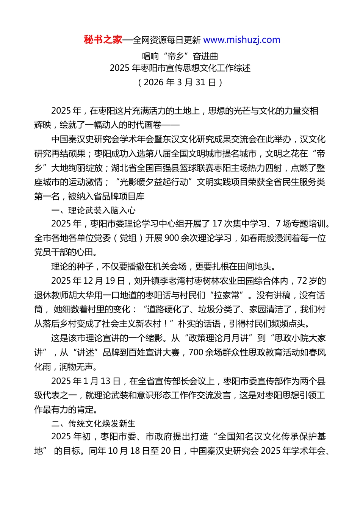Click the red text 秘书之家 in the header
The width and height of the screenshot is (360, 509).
[103, 40]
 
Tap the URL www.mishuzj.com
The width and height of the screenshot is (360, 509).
[242, 40]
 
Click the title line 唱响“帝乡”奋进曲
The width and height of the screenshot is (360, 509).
[180, 56]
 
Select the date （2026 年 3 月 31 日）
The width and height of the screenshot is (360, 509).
[180, 82]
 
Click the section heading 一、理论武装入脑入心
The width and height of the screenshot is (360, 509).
[93, 210]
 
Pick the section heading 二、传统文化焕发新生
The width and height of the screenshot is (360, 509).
[93, 423]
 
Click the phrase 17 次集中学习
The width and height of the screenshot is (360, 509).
[237, 224]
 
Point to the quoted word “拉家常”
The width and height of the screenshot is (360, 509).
[227, 295]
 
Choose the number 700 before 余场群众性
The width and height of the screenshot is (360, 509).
[196, 353]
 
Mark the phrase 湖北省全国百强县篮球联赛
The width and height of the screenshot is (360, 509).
[163, 168]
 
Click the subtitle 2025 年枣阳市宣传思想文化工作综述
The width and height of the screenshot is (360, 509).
[180, 68]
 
